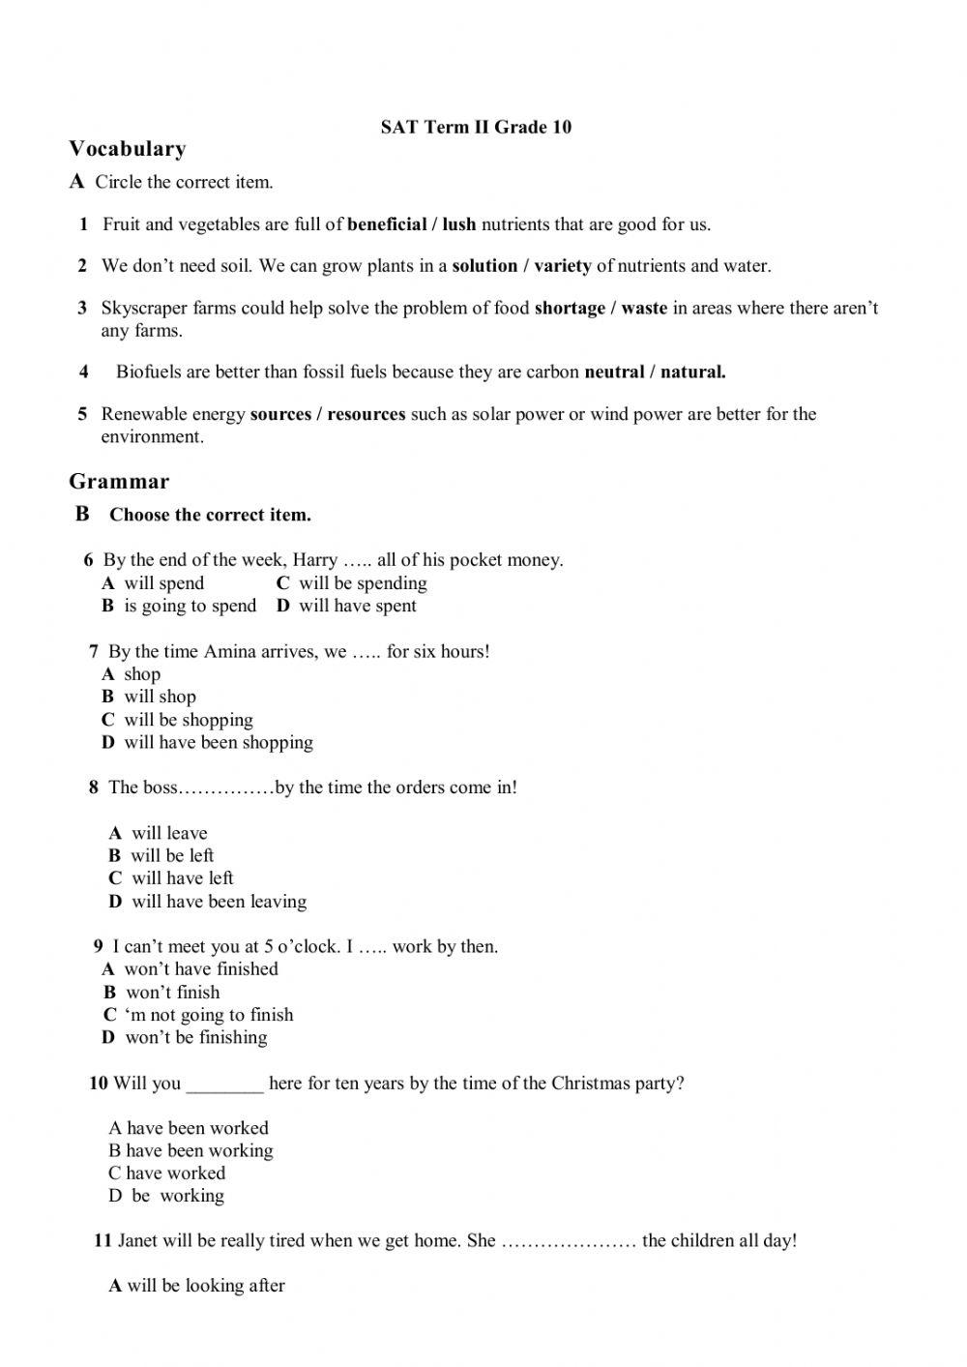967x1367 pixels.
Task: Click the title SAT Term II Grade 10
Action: [476, 127]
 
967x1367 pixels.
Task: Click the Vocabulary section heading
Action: [128, 149]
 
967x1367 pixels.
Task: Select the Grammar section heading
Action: [119, 482]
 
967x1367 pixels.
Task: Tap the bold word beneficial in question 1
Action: [387, 224]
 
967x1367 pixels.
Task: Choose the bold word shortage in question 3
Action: [570, 309]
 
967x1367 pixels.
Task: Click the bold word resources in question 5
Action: [366, 414]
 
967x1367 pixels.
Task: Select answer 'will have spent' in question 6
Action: [357, 607]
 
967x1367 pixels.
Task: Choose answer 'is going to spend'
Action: [190, 607]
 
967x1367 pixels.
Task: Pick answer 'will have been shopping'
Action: [218, 743]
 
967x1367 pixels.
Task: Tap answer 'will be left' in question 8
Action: [172, 856]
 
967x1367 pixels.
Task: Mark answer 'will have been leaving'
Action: [219, 902]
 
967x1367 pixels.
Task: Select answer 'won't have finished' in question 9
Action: [200, 969]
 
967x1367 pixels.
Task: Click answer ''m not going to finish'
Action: [208, 1015]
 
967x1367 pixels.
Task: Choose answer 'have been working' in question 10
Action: [199, 1151]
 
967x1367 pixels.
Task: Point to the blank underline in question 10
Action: [224, 1085]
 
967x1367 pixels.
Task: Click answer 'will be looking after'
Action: [205, 1286]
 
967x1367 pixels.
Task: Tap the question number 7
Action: [94, 652]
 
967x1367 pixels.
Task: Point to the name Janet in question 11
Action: [138, 1241]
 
